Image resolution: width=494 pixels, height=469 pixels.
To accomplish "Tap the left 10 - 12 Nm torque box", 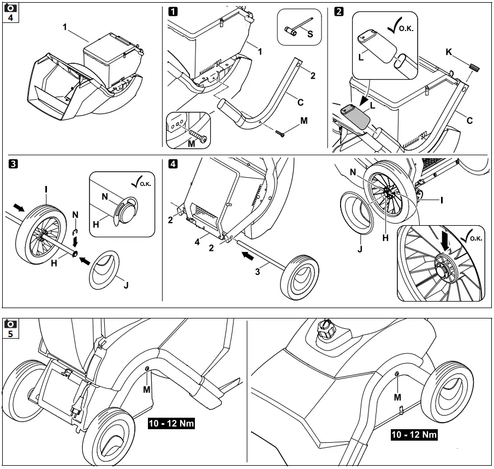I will (x=172, y=423).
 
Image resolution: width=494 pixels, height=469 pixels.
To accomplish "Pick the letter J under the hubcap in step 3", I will (x=126, y=285).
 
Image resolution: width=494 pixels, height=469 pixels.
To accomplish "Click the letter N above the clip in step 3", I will (x=75, y=214).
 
